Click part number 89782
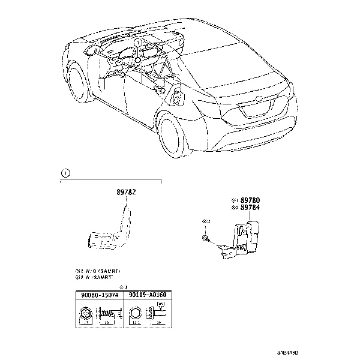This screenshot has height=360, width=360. (x=126, y=193)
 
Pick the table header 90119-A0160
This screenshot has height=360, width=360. (x=145, y=295)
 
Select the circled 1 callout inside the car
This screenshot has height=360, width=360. (x=137, y=43)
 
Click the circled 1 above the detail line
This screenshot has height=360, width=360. (x=65, y=173)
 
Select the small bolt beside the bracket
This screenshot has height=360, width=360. (x=207, y=238)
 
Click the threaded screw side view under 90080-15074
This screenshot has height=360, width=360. (x=106, y=314)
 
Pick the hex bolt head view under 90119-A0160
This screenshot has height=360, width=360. (x=134, y=314)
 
